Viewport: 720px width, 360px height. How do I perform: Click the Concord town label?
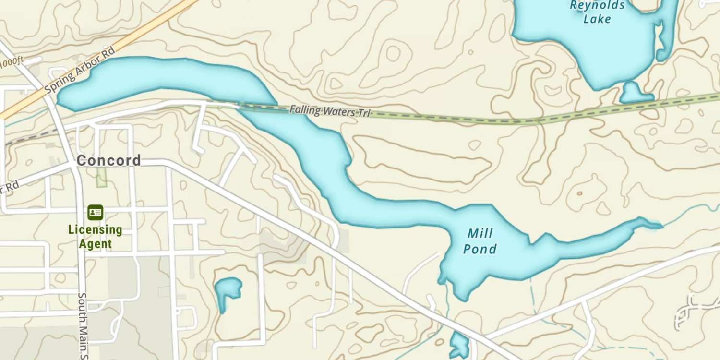click(x=108, y=160)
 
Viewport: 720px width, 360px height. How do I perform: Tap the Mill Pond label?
click(x=480, y=241)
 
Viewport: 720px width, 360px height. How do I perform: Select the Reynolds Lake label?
click(x=598, y=12)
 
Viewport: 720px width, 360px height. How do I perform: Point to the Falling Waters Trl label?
click(x=330, y=111)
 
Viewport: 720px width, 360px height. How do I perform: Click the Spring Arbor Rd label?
click(x=80, y=70)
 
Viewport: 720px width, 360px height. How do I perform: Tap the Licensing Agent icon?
click(x=95, y=212)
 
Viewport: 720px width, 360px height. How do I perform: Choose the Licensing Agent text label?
click(x=95, y=237)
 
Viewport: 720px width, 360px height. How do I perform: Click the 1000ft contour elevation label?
click(x=12, y=62)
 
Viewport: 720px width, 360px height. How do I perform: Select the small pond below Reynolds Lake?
click(x=635, y=94)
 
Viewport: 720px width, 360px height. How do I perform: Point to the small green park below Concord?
click(x=101, y=178)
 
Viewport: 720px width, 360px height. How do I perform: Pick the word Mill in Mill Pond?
click(x=480, y=234)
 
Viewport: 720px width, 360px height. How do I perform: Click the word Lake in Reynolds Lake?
click(x=597, y=19)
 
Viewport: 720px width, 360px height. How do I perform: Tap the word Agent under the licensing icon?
click(x=95, y=244)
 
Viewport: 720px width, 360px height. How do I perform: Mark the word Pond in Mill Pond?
click(x=480, y=249)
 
